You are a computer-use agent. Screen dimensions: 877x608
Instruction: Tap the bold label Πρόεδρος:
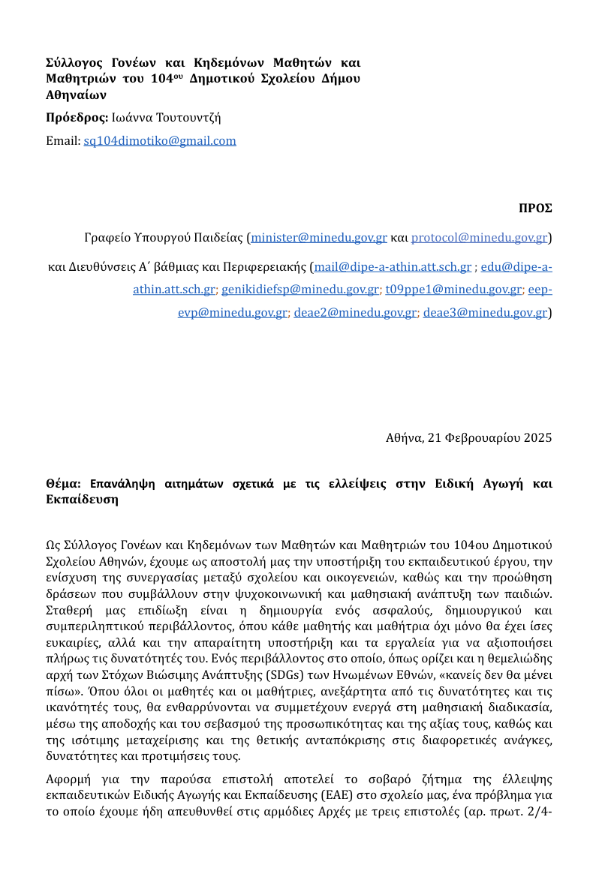coord(77,118)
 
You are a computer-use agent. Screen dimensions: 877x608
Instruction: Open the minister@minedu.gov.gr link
coord(319,238)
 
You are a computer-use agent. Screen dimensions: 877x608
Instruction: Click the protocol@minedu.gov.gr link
coord(480,238)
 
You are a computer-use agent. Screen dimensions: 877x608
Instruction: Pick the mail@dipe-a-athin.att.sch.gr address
coord(393,266)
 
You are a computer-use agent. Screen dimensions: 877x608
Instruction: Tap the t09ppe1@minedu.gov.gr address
coord(453,289)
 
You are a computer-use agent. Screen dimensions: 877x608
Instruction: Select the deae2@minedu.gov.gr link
coord(355,312)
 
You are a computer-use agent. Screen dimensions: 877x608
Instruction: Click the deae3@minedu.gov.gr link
coord(485,312)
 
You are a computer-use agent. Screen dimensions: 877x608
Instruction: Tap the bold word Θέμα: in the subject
coord(65,484)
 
